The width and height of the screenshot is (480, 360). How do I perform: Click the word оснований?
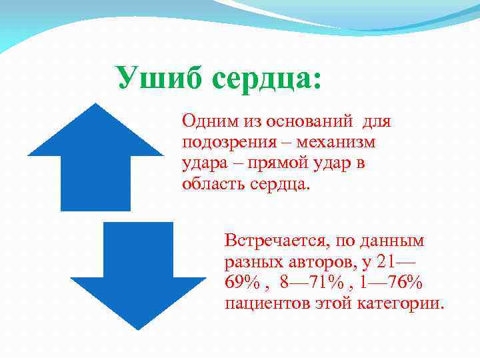point(310,122)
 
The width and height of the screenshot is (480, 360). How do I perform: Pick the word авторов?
point(318,261)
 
